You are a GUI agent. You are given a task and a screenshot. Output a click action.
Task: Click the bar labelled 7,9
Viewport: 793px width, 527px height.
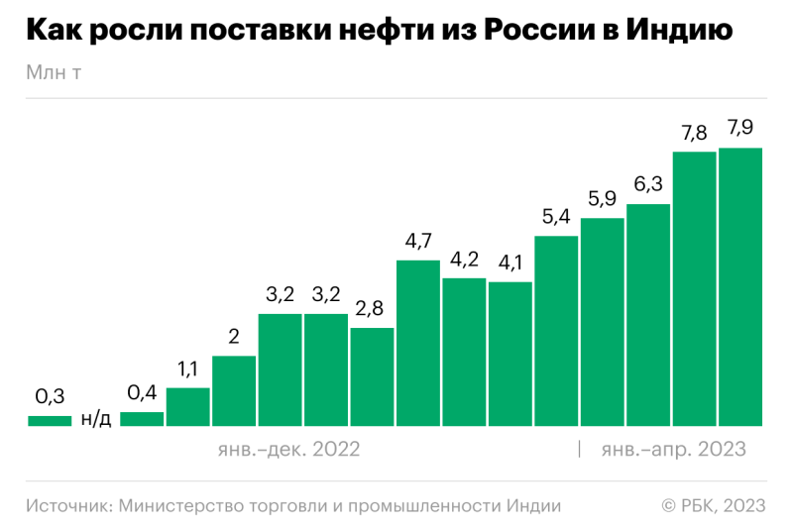[x=740, y=287]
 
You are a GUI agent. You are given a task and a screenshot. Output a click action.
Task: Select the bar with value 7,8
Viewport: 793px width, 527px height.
[x=694, y=289]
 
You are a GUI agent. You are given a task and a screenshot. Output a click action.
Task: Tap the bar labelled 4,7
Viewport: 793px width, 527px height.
[x=417, y=343]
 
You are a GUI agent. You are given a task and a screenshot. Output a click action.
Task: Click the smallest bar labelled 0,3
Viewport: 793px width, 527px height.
[x=50, y=421]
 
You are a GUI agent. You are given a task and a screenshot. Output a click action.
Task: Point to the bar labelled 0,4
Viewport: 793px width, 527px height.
[x=142, y=419]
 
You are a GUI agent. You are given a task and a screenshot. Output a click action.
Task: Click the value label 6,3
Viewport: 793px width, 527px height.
[x=648, y=184]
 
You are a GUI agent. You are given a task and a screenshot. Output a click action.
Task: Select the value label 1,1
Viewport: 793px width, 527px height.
[x=187, y=369]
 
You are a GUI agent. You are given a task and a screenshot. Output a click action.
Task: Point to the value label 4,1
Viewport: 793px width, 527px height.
[x=510, y=263]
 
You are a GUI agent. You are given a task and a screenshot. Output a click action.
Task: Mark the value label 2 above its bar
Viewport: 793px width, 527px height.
[x=234, y=337]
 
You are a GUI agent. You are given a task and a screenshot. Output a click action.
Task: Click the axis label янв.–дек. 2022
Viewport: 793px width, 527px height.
[x=288, y=450]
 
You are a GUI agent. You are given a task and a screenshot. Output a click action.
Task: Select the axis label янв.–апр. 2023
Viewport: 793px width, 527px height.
[x=673, y=450]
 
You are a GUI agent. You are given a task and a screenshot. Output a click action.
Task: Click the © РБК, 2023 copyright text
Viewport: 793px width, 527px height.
[x=714, y=505]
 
